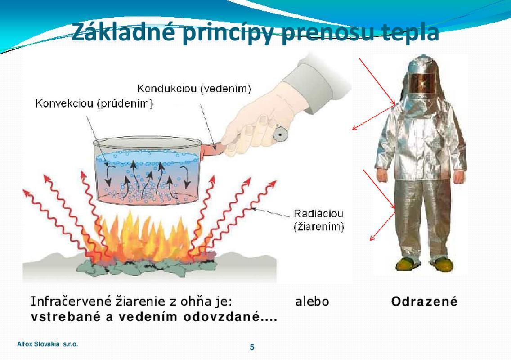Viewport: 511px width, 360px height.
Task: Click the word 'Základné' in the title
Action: pyautogui.click(x=122, y=32)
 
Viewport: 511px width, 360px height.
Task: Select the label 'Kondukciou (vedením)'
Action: pyautogui.click(x=194, y=89)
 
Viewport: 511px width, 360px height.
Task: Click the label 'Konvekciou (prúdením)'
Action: pyautogui.click(x=94, y=103)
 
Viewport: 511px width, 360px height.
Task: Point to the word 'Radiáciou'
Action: pyautogui.click(x=318, y=214)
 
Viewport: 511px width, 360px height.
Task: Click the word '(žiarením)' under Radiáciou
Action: pyautogui.click(x=319, y=226)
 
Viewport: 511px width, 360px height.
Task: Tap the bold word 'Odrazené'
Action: pyautogui.click(x=424, y=301)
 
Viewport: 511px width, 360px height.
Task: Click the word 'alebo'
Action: pyautogui.click(x=312, y=301)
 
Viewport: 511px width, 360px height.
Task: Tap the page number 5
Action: pyautogui.click(x=252, y=347)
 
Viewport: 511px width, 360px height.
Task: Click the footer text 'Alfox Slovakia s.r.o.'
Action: pyautogui.click(x=48, y=344)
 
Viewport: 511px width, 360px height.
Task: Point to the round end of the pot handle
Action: pyautogui.click(x=279, y=134)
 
